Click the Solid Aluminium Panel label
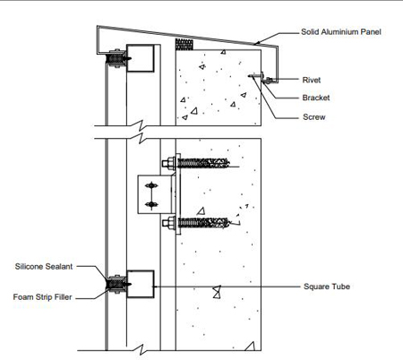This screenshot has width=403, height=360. click(x=341, y=32)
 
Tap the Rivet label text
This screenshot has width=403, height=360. click(x=312, y=80)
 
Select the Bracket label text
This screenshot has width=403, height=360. click(x=316, y=98)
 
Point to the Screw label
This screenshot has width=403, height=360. click(x=313, y=117)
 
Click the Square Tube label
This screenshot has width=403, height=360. click(x=327, y=287)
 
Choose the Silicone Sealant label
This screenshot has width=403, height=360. click(x=44, y=266)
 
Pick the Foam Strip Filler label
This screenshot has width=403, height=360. click(x=42, y=297)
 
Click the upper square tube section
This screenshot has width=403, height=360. click(x=141, y=58)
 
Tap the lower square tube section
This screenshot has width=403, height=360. click(x=141, y=284)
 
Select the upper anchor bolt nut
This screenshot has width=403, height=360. click(x=168, y=163)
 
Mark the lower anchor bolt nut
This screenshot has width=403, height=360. click(x=168, y=223)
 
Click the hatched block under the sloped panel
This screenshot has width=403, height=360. click(x=184, y=44)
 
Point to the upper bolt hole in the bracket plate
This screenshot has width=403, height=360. click(x=151, y=185)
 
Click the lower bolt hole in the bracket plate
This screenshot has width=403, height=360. click(x=151, y=204)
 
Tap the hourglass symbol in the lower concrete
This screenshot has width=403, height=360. click(x=217, y=292)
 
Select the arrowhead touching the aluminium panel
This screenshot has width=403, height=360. click(x=256, y=43)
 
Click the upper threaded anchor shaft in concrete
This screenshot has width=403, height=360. click(x=203, y=163)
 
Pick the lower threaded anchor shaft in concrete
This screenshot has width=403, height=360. click(x=203, y=223)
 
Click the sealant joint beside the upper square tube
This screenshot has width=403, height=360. click(x=116, y=58)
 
